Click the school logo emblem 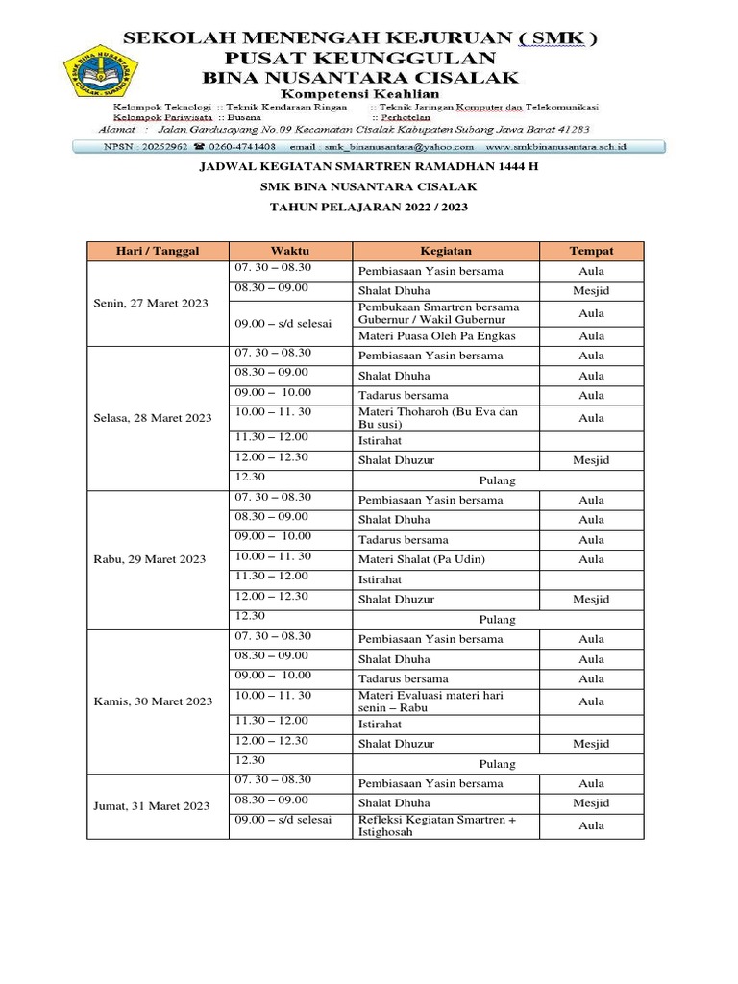pos(101,69)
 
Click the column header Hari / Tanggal pos(157,251)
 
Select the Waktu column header pos(289,251)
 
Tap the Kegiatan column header pos(445,251)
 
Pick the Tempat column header pos(591,251)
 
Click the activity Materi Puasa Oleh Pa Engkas pos(437,336)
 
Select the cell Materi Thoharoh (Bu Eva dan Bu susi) pos(438,418)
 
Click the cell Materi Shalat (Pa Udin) pos(422,559)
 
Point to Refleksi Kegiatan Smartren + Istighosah pos(437,825)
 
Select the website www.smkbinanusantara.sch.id pos(556,147)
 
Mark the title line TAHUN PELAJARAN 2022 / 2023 pos(368,208)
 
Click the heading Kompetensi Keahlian pos(358,93)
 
